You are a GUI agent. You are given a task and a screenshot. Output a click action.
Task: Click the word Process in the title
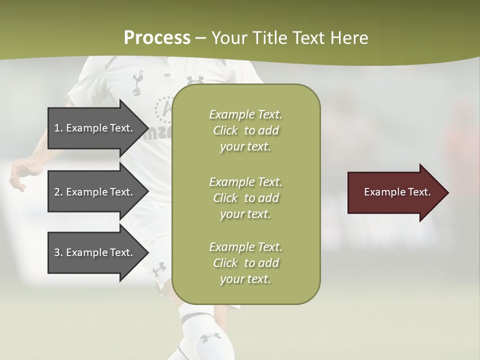[157, 38]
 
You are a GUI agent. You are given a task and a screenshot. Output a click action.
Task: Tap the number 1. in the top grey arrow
[58, 128]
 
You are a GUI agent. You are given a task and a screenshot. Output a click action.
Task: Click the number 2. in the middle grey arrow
[58, 192]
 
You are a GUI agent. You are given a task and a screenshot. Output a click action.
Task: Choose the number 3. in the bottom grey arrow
[58, 252]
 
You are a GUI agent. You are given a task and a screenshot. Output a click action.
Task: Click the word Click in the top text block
[225, 131]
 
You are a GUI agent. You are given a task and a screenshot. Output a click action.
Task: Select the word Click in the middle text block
[225, 198]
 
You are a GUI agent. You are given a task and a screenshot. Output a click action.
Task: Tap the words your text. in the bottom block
[245, 279]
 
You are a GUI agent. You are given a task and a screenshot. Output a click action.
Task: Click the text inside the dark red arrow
[397, 192]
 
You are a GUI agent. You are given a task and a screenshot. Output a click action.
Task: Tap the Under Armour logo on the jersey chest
[195, 79]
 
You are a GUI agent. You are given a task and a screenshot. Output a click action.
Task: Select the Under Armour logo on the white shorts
[159, 269]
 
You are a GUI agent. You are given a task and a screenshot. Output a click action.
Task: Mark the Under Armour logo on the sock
[210, 337]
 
